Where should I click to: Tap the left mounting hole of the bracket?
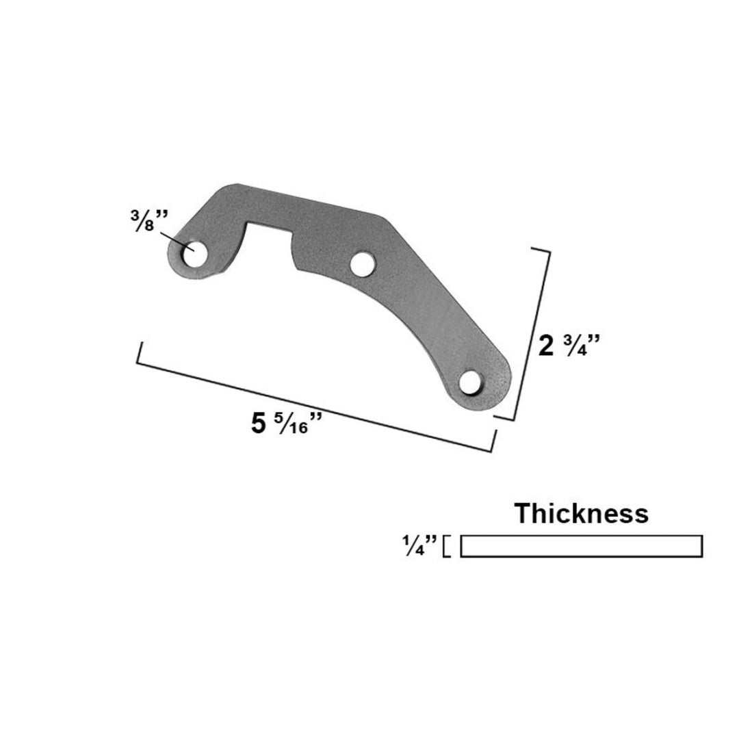click(192, 255)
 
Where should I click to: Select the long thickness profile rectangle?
click(581, 546)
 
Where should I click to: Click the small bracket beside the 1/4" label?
click(447, 546)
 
